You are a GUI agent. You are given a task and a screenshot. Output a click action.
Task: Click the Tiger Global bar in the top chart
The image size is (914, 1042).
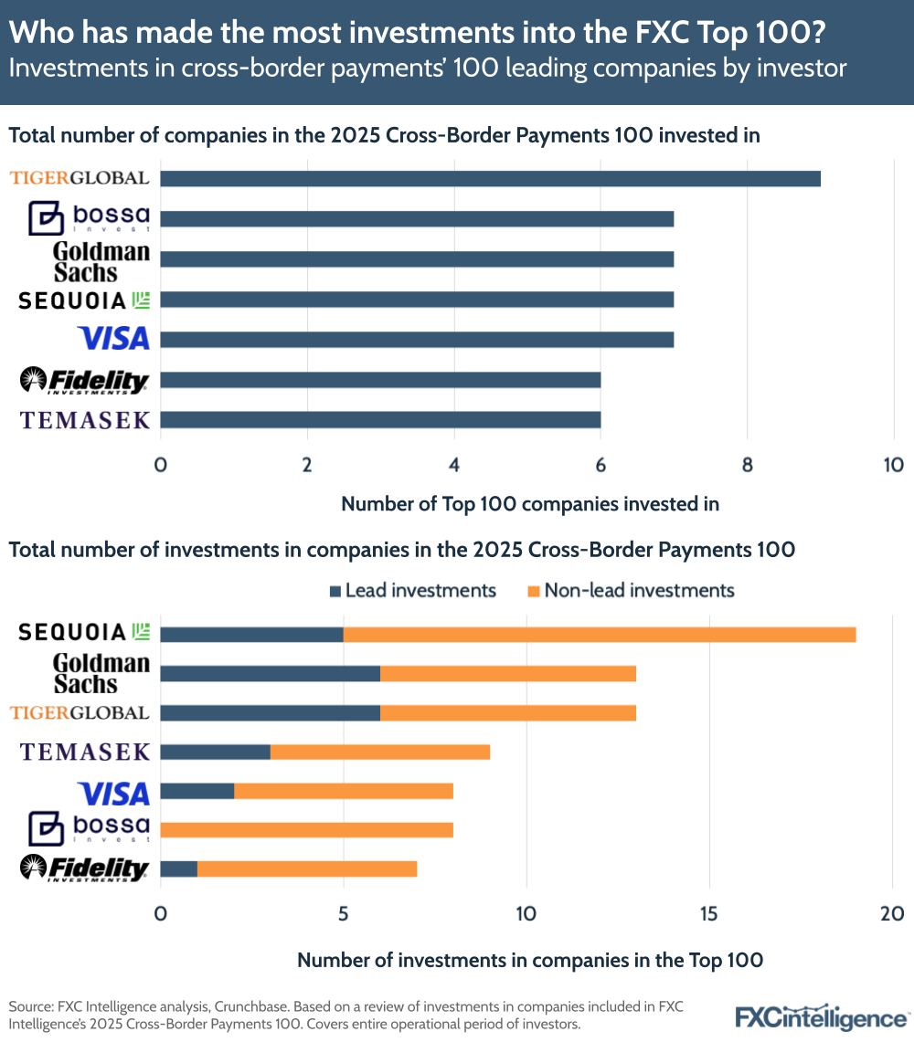pos(490,178)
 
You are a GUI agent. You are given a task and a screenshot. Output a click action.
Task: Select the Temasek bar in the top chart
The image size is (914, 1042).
pos(380,419)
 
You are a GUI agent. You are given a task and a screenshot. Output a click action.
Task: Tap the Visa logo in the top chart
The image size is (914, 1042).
pos(113,339)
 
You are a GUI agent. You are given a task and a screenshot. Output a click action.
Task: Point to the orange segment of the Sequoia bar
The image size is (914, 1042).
pos(599,634)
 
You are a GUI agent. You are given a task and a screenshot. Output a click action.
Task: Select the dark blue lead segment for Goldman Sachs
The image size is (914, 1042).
pos(270,674)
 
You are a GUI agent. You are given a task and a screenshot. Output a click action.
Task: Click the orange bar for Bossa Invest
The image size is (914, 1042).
pos(306,829)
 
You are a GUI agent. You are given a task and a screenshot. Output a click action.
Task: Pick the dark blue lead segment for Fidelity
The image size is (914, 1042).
pos(178,868)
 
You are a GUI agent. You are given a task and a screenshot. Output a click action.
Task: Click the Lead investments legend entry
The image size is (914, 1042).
pos(411,590)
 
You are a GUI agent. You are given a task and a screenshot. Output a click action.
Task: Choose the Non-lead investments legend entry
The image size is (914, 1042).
pos(631,590)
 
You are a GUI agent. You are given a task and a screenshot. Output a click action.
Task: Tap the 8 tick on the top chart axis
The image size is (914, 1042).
pos(747,464)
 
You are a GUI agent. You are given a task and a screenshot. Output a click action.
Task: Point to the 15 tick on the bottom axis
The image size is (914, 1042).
pos(708,913)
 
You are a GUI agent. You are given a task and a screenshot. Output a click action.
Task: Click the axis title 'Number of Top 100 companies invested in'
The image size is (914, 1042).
pos(530,503)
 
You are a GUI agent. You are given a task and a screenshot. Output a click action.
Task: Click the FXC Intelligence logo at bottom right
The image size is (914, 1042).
pos(822,1017)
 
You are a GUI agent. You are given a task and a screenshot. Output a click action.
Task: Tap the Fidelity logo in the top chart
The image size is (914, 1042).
pos(84,380)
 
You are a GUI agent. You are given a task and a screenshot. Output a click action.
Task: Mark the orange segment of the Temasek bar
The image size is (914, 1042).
pos(379,752)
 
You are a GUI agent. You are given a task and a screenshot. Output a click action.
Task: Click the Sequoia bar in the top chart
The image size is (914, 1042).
pos(417,299)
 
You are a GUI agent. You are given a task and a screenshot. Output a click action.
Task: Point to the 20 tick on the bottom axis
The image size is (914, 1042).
pos(891,913)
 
